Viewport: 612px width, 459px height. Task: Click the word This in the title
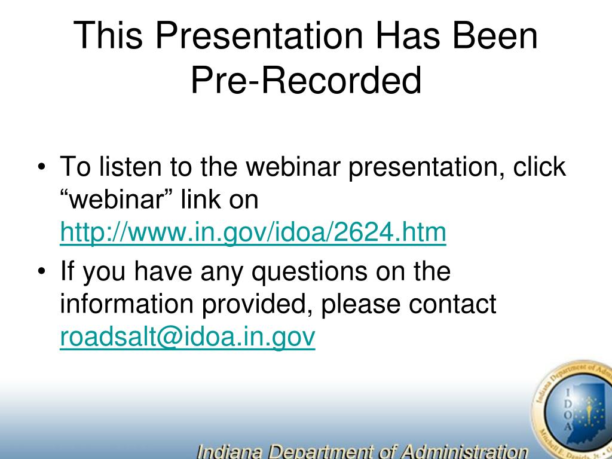tap(108, 35)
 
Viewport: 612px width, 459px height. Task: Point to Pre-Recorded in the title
tap(306, 80)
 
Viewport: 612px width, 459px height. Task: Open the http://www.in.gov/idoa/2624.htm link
tap(253, 232)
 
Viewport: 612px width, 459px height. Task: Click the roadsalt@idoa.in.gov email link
tap(187, 337)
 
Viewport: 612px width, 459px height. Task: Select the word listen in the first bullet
tap(130, 166)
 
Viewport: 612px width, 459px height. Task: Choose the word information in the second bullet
tap(127, 304)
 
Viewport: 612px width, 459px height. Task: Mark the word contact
tap(452, 304)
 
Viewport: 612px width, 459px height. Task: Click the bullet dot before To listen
tap(42, 167)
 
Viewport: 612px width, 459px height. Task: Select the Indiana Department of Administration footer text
tap(362, 451)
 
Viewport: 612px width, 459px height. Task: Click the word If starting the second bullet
tap(67, 271)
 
